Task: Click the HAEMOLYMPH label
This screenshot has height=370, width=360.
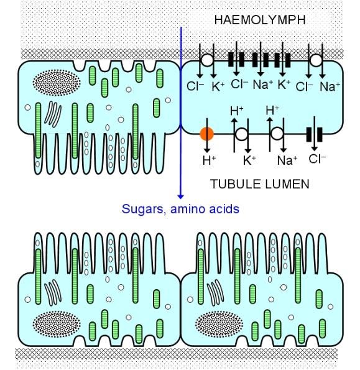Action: click(x=260, y=20)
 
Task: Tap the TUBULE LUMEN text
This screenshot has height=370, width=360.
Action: click(x=259, y=184)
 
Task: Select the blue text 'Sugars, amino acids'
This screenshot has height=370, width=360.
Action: click(x=180, y=209)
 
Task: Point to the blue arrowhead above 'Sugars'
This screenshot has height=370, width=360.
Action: click(x=181, y=197)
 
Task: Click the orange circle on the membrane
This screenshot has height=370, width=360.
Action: click(x=207, y=134)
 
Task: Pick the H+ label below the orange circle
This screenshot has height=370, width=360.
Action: click(x=210, y=160)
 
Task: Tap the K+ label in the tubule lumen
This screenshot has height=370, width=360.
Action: click(x=249, y=160)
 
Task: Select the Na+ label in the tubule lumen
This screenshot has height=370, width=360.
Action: click(x=287, y=160)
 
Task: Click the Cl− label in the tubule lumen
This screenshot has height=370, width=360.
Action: click(x=317, y=159)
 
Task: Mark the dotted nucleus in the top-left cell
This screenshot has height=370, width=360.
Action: click(x=57, y=83)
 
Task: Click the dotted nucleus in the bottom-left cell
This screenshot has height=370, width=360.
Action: click(x=57, y=324)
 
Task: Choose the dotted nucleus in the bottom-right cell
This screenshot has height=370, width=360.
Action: click(x=219, y=324)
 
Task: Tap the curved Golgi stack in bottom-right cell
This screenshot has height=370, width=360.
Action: click(x=215, y=293)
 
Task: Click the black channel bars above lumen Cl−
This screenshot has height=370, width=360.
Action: click(x=315, y=134)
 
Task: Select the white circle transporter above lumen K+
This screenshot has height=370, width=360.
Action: click(x=242, y=134)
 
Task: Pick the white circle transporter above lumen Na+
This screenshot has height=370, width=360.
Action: click(x=277, y=134)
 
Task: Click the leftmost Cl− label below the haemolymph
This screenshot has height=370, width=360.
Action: click(x=195, y=86)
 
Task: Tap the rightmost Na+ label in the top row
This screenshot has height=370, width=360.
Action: click(x=330, y=86)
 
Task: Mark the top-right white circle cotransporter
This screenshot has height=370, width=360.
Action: click(x=316, y=60)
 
